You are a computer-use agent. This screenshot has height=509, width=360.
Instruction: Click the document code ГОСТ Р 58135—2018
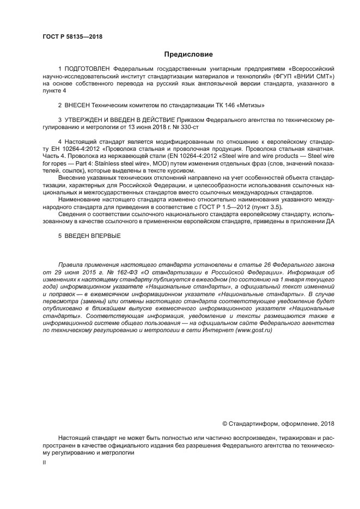point(72,37)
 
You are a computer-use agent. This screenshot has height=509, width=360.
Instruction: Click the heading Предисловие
point(188,54)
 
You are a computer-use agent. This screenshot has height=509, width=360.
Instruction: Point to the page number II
point(45,462)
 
